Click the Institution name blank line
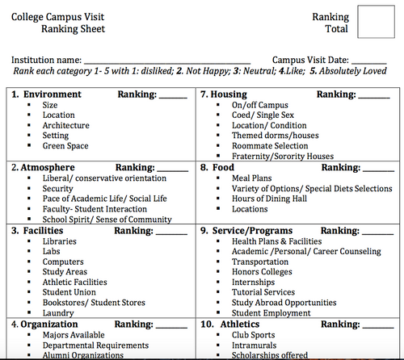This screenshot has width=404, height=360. tap(167, 62)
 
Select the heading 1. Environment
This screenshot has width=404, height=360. tap(46, 94)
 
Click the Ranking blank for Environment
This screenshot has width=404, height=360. tap(172, 97)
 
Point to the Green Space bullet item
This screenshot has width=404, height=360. tap(67, 146)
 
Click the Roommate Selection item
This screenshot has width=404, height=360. tap(269, 146)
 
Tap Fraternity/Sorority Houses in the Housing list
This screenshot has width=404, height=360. tap(282, 157)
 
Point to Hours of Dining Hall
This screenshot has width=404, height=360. tap(269, 199)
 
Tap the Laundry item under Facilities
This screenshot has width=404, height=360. tap(58, 313)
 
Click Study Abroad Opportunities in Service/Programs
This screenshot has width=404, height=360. tap(283, 303)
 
